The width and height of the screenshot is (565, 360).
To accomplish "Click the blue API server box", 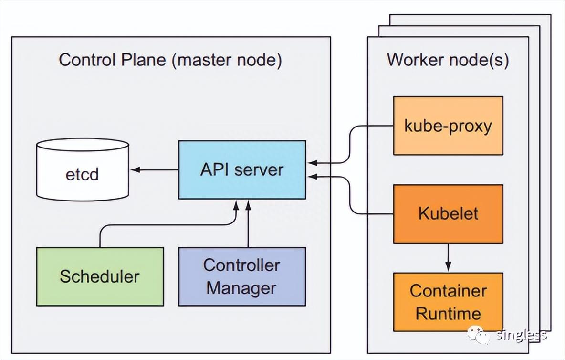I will [242, 169].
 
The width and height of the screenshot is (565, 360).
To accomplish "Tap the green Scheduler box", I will [100, 276].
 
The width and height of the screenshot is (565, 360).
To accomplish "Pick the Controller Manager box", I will [242, 276].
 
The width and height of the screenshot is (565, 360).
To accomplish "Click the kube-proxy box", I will [448, 126].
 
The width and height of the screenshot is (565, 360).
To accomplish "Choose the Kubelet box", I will [448, 213].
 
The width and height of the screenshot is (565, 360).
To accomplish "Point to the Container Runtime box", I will [448, 302].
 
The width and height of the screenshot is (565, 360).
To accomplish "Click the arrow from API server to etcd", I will [155, 169].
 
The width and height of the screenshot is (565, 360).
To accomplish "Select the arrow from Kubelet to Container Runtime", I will [448, 257].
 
